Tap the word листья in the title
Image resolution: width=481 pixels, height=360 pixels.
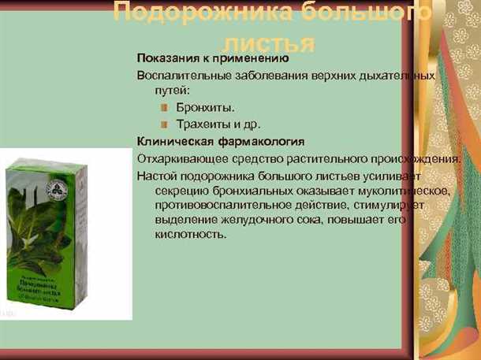(x=269, y=42)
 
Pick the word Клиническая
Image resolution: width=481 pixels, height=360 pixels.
(x=173, y=142)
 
